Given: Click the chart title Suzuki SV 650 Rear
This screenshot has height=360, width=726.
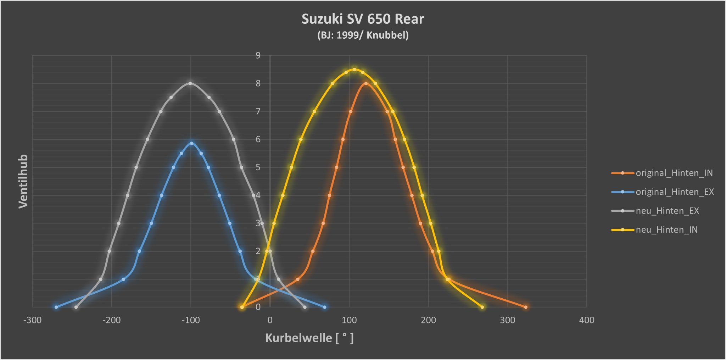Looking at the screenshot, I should pos(363,19).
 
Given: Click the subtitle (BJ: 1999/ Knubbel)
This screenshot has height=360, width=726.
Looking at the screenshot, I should pos(363,35).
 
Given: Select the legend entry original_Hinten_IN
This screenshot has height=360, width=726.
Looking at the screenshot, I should pos(674,173).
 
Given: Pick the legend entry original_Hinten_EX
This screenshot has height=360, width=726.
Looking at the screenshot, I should pos(675,192).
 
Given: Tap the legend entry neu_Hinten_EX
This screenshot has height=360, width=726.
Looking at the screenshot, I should pos(667,211).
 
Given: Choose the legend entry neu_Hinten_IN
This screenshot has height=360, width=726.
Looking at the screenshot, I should pos(666,230).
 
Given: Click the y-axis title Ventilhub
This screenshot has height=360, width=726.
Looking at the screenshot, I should pos(23,181).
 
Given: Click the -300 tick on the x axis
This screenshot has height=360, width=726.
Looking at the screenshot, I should pos(32,320).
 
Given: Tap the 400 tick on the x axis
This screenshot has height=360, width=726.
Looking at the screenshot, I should pos(587,320).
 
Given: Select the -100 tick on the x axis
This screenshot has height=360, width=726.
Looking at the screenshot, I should pos(191,320).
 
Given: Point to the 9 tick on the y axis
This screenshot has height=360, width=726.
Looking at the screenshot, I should pos(258,55).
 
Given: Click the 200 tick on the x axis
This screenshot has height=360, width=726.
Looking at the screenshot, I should pos(428,320).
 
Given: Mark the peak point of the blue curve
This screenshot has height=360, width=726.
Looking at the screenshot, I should pos(191,143).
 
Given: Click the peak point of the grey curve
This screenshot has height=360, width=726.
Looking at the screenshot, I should pos(190,83).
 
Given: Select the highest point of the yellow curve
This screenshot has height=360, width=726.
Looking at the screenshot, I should pos(354,70).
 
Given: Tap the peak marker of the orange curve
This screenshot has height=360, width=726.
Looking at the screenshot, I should pos(366,83).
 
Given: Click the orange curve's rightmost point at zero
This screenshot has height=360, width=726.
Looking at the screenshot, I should pos(526,307).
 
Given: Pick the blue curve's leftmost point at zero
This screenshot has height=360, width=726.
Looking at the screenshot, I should pos(56,307).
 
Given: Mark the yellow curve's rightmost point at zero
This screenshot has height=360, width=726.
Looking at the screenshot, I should pos(482,307).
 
